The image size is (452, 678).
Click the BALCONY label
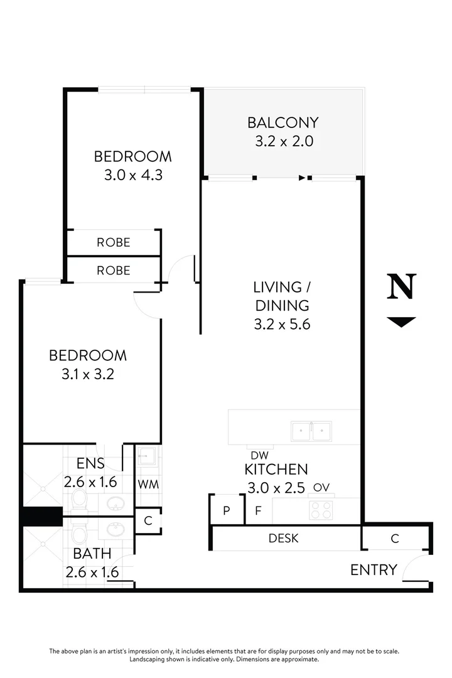(282, 122)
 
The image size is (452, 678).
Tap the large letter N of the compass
(401, 286)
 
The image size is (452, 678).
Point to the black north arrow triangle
(401, 322)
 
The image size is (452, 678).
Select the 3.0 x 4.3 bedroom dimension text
(133, 175)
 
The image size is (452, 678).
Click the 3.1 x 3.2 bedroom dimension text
(88, 374)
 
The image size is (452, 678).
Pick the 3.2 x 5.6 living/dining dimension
(281, 325)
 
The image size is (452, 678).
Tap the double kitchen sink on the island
(311, 431)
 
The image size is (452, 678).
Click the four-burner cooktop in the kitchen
(321, 510)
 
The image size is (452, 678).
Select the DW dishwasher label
(259, 455)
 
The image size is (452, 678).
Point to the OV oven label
(321, 487)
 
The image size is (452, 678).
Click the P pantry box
(226, 510)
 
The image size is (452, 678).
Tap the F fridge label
(257, 510)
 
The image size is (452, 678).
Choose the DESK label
(283, 538)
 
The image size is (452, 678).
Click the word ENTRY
(374, 570)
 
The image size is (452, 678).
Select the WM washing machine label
(148, 484)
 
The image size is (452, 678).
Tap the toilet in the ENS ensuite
(79, 500)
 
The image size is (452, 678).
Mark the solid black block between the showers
(42, 516)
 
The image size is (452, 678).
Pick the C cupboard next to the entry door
(395, 538)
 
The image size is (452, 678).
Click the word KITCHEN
(276, 469)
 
